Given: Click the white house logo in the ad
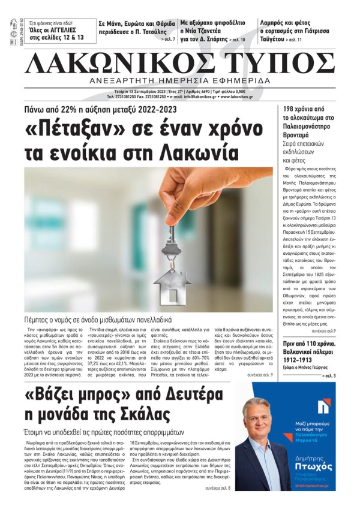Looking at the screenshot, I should (x=323, y=407).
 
